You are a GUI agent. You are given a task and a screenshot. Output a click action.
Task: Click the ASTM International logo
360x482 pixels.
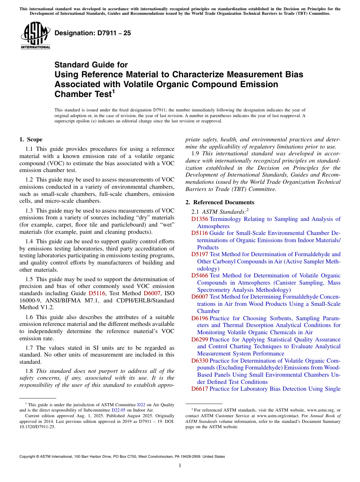(x=36, y=36)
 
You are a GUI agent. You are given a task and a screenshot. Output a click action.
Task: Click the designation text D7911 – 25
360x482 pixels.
(x=93, y=33)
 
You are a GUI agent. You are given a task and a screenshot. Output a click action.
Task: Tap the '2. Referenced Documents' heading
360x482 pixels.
(x=220, y=202)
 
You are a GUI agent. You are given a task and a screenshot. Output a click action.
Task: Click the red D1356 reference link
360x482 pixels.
(x=200, y=219)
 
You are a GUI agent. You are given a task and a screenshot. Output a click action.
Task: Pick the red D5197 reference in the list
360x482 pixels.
(x=200, y=254)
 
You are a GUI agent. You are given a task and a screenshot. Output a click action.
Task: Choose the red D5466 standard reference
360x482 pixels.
(x=200, y=275)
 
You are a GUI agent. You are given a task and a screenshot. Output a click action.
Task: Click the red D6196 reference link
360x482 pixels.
(x=200, y=318)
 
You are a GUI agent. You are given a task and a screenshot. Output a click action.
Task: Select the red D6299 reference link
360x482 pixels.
(x=200, y=339)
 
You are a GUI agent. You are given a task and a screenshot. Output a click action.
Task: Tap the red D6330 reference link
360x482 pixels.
(x=200, y=360)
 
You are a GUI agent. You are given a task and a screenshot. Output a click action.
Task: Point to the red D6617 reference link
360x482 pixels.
(x=200, y=389)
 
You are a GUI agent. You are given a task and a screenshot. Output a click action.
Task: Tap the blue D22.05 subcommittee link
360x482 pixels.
(x=118, y=410)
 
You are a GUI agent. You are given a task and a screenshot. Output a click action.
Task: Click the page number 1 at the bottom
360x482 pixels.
(x=180, y=466)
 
